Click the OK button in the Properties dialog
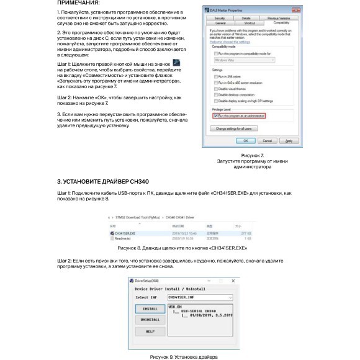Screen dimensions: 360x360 [x=245, y=142]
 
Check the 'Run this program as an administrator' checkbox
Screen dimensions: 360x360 [x=214, y=115]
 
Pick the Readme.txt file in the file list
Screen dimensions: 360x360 [x=122, y=238]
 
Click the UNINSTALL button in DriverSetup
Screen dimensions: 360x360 [x=150, y=319]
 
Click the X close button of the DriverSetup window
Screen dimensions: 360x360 [x=232, y=281]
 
